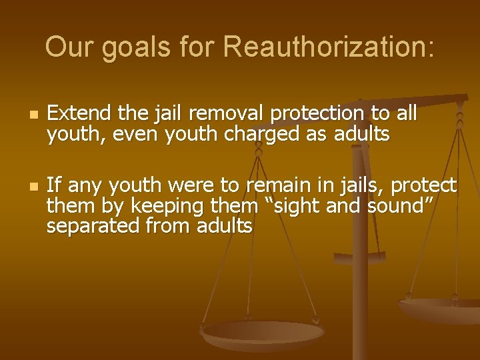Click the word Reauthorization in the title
[x=329, y=47]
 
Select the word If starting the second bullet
[x=53, y=185]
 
